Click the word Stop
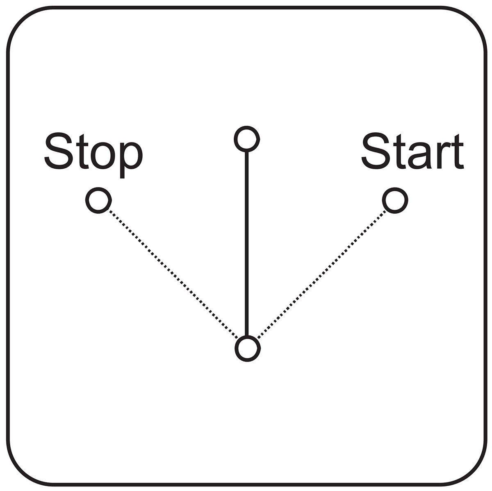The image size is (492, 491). pyautogui.click(x=93, y=155)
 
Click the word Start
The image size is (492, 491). pyautogui.click(x=412, y=151)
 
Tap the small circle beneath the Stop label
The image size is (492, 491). pyautogui.click(x=98, y=200)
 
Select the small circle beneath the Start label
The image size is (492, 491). pyautogui.click(x=395, y=200)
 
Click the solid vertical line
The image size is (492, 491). pyautogui.click(x=247, y=244)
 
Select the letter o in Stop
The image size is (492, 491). pyautogui.click(x=103, y=156)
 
